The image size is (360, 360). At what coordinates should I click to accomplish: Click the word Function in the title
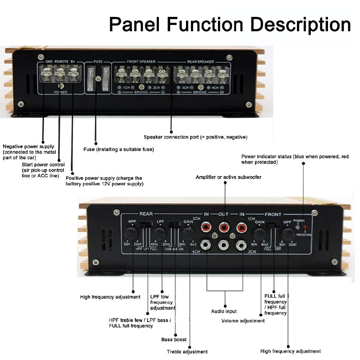point(205,25)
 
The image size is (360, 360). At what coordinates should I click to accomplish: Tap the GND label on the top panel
point(49,62)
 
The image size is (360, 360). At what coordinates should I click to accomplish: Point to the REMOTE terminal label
point(62,62)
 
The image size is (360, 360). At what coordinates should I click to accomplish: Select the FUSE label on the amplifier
point(98,62)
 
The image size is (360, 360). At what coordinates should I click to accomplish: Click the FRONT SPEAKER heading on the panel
point(141,62)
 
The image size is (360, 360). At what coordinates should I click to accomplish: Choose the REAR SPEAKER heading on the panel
point(200,62)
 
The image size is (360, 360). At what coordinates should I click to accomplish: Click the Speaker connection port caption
point(195,137)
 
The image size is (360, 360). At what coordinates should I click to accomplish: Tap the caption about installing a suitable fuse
point(118,149)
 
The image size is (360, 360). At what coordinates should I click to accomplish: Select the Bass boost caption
point(174,340)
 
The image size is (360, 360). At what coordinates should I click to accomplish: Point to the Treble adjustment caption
point(187,352)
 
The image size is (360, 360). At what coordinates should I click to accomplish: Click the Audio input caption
point(224,311)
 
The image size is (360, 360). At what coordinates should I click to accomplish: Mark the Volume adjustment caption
point(243,321)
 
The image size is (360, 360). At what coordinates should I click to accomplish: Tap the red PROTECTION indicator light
point(305,228)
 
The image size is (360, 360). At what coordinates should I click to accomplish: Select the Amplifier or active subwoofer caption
point(229,177)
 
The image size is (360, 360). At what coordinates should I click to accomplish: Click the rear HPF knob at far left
point(131,233)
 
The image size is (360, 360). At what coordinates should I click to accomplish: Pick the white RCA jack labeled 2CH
point(241,245)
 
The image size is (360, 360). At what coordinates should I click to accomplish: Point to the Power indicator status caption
point(295,159)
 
